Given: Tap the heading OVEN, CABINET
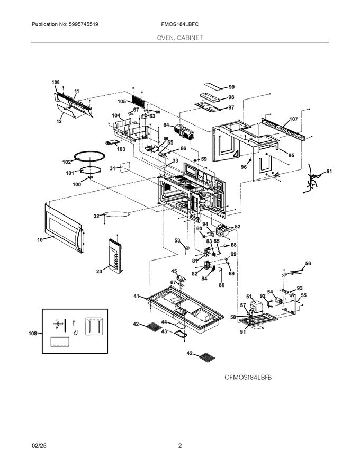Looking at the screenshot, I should (179, 38).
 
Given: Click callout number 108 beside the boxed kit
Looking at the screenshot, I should (33, 334).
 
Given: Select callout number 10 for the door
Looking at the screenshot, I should (40, 240).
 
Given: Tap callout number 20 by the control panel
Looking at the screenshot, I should (99, 271).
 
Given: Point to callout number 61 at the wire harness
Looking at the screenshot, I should (329, 172).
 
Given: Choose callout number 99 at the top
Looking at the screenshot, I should (231, 87).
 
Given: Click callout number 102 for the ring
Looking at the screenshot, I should (67, 162).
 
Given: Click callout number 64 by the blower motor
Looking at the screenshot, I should (166, 126).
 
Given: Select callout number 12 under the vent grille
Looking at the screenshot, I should (59, 121).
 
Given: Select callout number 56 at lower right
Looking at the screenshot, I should (308, 263).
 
